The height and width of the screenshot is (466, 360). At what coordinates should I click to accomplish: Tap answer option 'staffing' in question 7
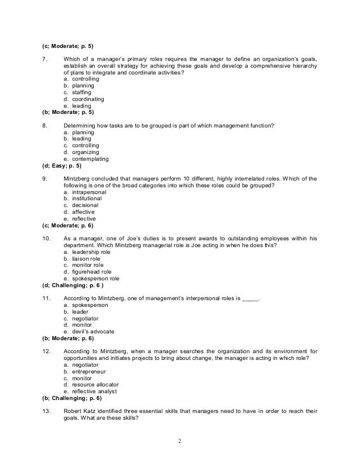pyautogui.click(x=82, y=93)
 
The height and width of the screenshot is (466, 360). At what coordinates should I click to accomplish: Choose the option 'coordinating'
pyautogui.click(x=86, y=99)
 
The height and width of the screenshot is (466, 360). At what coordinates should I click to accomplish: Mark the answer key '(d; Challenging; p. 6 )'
pyautogui.click(x=71, y=285)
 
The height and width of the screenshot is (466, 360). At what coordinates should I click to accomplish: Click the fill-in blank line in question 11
pyautogui.click(x=250, y=298)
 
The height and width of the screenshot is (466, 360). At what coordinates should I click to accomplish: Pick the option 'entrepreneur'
pyautogui.click(x=88, y=372)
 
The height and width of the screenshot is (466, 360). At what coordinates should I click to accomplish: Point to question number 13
pyautogui.click(x=46, y=411)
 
